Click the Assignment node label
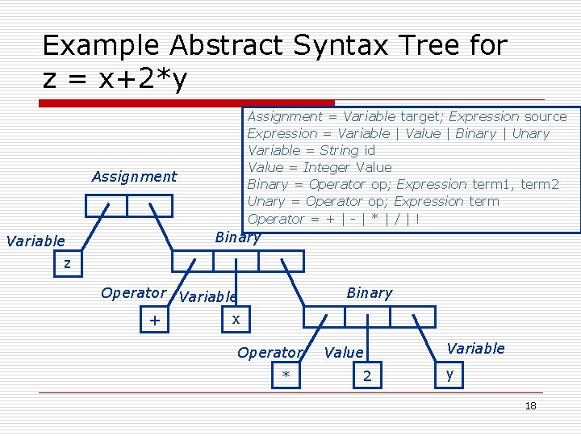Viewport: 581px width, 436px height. [134, 177]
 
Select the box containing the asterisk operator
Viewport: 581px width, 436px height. [286, 375]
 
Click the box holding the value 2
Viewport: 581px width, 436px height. [367, 375]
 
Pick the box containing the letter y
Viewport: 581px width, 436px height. [450, 375]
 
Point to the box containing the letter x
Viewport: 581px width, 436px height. [236, 320]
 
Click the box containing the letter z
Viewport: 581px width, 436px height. [68, 263]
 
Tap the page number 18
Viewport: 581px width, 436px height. [530, 405]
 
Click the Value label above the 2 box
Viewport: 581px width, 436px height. [344, 352]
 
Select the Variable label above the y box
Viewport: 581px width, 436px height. [475, 348]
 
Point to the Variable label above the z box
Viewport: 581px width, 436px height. [35, 241]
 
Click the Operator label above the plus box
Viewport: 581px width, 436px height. [133, 293]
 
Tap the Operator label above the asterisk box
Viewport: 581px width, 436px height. [270, 352]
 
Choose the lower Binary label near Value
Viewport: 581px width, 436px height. [369, 293]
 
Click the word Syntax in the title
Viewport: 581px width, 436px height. [336, 45]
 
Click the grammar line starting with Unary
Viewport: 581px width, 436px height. [373, 201]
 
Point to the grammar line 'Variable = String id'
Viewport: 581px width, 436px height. [311, 150]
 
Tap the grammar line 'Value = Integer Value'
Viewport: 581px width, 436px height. [319, 167]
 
